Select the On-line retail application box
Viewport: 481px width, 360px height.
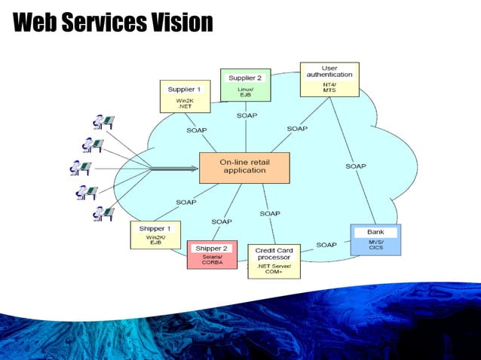tap(244, 166)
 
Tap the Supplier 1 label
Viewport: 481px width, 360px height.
tap(184, 90)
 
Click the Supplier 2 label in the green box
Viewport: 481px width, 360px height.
tap(245, 78)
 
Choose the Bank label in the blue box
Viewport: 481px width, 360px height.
tap(375, 232)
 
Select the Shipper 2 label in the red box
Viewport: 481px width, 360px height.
tap(211, 248)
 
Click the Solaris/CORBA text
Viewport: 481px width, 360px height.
tap(212, 260)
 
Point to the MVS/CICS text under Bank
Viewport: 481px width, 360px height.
tap(375, 246)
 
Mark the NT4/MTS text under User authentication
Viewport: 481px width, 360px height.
tap(329, 87)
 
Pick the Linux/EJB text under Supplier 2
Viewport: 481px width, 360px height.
tap(245, 92)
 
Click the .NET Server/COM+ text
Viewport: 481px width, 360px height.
tap(274, 270)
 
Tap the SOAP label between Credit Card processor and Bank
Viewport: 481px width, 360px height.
tap(326, 245)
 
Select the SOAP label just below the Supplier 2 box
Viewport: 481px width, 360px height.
tap(247, 115)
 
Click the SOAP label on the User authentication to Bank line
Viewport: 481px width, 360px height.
tap(356, 166)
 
